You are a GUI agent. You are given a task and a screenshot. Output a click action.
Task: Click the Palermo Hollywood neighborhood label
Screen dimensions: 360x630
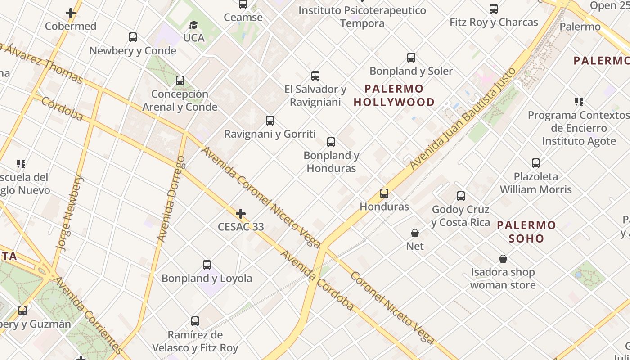(394, 95)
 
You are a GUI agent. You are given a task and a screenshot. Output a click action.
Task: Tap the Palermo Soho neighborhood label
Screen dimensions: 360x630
(526, 231)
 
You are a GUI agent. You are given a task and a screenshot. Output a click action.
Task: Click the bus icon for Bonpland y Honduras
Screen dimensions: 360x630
(331, 142)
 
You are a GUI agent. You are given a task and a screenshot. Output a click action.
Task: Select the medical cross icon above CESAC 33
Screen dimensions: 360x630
(241, 213)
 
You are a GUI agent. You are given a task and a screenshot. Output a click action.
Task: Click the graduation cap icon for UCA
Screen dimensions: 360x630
(193, 25)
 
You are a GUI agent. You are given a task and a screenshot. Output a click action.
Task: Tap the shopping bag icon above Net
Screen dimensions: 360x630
(415, 233)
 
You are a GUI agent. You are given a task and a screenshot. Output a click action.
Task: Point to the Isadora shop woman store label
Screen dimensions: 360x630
(503, 279)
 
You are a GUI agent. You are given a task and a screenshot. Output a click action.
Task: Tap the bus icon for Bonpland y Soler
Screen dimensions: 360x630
(411, 58)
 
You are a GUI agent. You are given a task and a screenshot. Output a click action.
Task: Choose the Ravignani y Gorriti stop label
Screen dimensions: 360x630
(270, 134)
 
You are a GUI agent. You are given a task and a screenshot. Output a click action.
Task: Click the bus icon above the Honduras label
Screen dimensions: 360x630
(384, 193)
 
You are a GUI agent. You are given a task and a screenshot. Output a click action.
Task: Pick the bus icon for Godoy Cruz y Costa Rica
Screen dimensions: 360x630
(461, 196)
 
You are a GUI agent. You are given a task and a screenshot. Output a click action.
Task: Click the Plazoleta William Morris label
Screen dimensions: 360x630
(535, 183)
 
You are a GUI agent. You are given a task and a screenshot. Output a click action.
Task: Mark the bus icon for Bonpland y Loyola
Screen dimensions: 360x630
(207, 265)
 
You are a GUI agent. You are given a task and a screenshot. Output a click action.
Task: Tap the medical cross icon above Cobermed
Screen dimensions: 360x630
(71, 13)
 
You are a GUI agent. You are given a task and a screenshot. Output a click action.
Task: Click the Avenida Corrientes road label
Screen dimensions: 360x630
(88, 315)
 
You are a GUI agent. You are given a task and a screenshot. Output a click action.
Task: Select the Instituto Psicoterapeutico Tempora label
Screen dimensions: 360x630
(362, 17)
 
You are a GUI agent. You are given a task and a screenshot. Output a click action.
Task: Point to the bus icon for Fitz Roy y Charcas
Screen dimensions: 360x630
(494, 9)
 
